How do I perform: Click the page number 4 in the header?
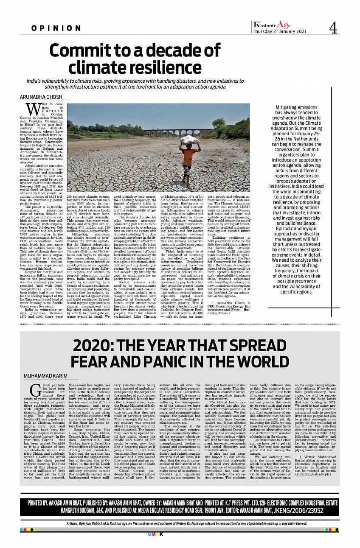tap(333, 28)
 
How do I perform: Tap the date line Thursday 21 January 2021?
tap(278, 31)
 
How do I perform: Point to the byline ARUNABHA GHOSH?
tap(39, 97)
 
